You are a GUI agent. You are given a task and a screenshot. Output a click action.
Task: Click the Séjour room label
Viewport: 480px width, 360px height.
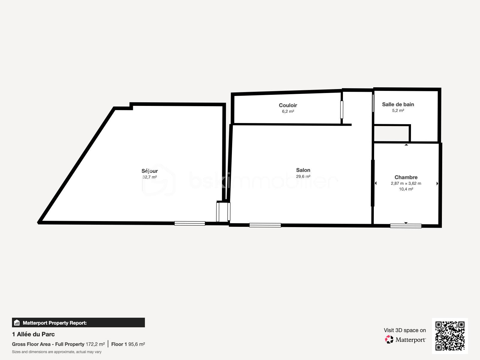click(149, 171)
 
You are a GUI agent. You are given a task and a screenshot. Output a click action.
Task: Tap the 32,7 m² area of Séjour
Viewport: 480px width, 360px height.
click(149, 177)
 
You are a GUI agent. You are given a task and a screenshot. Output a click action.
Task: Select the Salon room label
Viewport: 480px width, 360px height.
click(303, 170)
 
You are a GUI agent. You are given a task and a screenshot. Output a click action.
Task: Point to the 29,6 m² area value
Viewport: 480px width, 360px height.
click(303, 176)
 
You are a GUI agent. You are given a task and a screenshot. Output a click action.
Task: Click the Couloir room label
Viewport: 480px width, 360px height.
click(288, 105)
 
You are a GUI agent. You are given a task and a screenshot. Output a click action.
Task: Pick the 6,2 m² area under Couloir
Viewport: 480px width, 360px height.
click(288, 111)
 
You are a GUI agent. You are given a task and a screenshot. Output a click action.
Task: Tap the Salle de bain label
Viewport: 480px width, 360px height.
click(398, 104)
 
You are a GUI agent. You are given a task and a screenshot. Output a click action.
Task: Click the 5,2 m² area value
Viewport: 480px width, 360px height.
click(398, 110)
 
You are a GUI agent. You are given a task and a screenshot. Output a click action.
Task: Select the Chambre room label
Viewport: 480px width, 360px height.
click(406, 177)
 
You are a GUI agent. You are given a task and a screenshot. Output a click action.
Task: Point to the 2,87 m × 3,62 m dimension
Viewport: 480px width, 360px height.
click(406, 183)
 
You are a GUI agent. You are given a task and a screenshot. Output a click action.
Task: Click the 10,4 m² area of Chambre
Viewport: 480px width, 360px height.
click(406, 189)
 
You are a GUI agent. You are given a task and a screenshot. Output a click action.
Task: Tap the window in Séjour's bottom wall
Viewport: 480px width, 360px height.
click(190, 223)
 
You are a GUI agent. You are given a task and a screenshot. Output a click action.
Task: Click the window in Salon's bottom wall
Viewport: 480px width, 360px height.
click(265, 225)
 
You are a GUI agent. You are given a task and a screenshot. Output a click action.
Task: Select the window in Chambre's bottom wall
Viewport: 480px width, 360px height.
click(406, 226)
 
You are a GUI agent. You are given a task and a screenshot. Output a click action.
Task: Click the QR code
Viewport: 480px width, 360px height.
click(450, 336)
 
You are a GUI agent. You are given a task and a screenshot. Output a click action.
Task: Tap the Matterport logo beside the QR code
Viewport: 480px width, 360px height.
click(406, 340)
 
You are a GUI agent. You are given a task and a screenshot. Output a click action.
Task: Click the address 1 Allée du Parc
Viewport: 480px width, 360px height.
click(33, 334)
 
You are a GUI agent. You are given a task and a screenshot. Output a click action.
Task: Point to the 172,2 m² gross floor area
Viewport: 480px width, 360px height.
click(95, 344)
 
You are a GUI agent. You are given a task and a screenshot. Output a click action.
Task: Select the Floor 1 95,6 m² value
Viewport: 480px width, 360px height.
click(128, 344)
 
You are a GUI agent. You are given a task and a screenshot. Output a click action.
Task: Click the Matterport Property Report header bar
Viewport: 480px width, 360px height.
click(78, 323)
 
